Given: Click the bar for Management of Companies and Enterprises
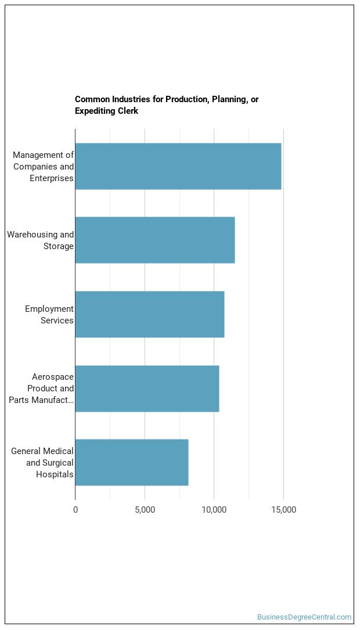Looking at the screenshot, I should pos(178,166).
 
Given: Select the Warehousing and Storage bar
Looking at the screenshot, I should pos(154,240).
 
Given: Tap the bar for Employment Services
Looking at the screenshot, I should pos(149,314).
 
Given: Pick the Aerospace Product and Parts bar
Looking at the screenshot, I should pos(147,388).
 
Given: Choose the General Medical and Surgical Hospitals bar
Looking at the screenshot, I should pos(131,462).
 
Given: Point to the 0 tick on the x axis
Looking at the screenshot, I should pos(75,510).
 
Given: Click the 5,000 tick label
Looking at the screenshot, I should pos(145,510).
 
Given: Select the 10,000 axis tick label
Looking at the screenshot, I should pos(214,510).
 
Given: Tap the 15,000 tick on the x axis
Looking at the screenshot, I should pos(283,510).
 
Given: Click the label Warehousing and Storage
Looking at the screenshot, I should pos(41,240).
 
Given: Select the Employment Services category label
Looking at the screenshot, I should pos(49,315).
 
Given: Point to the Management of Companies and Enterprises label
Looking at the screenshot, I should pos(44,167).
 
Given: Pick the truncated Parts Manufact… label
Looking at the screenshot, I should pos(41,399).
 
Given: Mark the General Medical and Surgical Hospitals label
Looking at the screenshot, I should pos(42,463).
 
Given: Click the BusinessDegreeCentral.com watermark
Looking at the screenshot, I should pos(304,617).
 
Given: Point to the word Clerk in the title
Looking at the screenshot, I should pos(128,111).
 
